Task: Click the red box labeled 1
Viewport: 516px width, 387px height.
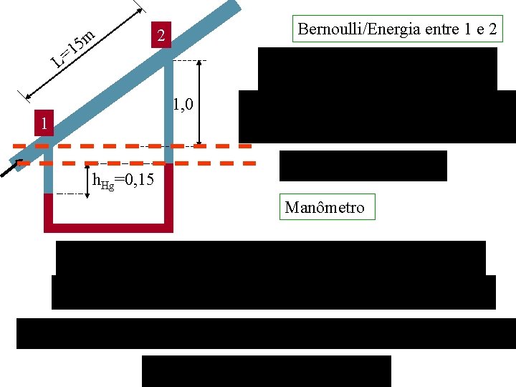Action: [x=44, y=124]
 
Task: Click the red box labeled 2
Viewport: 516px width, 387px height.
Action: [x=163, y=36]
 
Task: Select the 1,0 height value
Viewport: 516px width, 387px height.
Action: [x=184, y=106]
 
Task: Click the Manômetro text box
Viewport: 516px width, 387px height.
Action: [x=325, y=207]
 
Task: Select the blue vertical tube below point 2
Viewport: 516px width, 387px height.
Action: [x=169, y=107]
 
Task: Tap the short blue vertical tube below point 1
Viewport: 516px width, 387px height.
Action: [x=49, y=172]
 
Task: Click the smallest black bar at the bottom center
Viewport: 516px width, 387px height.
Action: [x=267, y=371]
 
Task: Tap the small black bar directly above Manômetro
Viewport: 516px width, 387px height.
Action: [x=363, y=166]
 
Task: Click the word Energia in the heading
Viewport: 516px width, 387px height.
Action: [x=412, y=29]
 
